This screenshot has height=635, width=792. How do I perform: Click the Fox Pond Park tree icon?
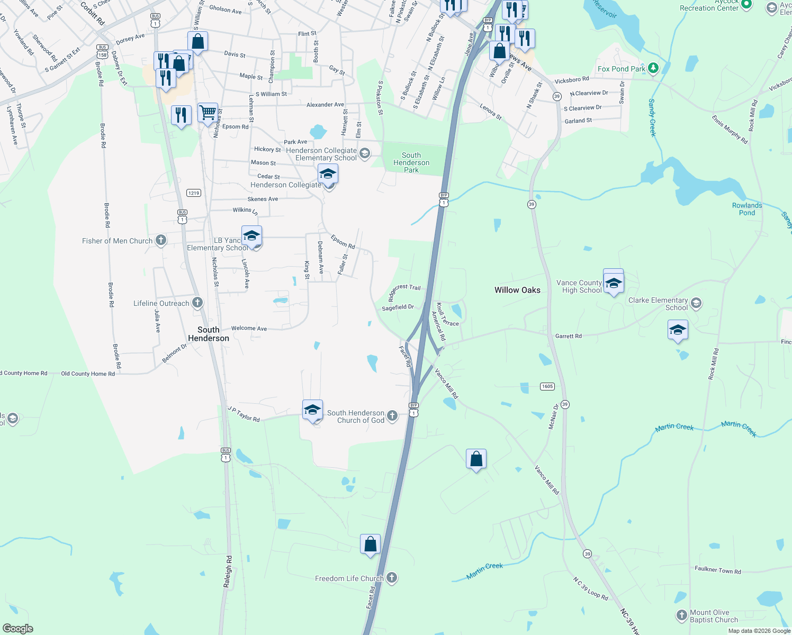point(653,68)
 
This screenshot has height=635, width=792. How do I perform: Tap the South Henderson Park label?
point(411,162)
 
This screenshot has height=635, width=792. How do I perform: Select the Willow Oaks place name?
point(517,290)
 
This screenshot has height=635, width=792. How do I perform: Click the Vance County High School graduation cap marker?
point(614,283)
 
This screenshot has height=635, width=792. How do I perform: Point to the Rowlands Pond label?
point(747,209)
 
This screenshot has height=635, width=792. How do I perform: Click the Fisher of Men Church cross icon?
point(161,241)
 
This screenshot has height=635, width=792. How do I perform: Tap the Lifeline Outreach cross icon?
point(197,303)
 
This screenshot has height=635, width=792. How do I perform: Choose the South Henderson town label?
point(209,334)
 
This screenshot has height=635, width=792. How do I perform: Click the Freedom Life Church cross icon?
point(392,578)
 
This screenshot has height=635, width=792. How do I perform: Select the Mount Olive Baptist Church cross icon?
point(682,615)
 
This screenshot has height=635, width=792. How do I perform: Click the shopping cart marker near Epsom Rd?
point(208,112)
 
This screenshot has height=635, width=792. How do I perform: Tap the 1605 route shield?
point(547,386)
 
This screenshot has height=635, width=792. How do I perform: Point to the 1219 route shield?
point(194,193)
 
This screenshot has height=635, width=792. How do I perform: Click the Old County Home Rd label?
point(88,374)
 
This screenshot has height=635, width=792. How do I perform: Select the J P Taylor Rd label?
point(244,414)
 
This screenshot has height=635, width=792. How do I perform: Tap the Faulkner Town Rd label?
point(718,570)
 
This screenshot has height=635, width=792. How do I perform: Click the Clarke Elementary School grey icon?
point(696,303)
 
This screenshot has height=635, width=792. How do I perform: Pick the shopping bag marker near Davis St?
point(197,41)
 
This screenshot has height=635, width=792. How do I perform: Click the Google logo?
point(17,629)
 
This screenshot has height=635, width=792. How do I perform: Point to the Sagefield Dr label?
point(398,307)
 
